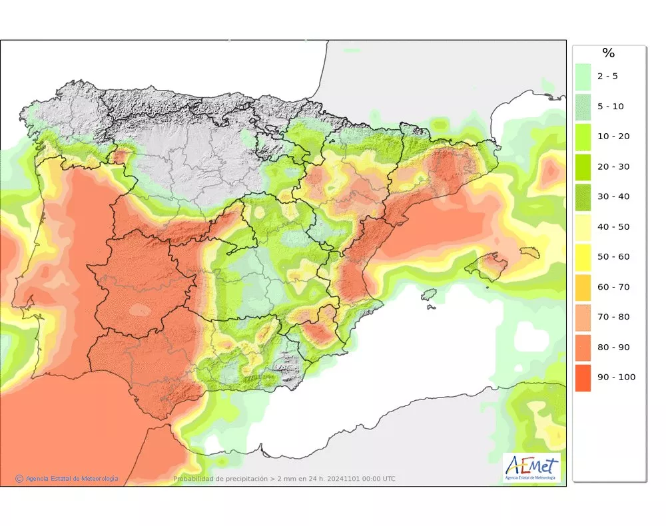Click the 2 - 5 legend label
click(x=607, y=76)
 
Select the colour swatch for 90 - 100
click(x=583, y=378)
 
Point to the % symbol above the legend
click(x=608, y=53)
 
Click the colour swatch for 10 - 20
click(x=583, y=136)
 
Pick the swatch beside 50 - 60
click(x=583, y=257)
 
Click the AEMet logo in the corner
click(x=531, y=467)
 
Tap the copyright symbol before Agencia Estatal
click(x=19, y=478)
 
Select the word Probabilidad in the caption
click(x=194, y=479)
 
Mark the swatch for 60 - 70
click(x=583, y=287)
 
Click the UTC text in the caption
click(x=388, y=479)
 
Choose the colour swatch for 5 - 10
click(x=583, y=107)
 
